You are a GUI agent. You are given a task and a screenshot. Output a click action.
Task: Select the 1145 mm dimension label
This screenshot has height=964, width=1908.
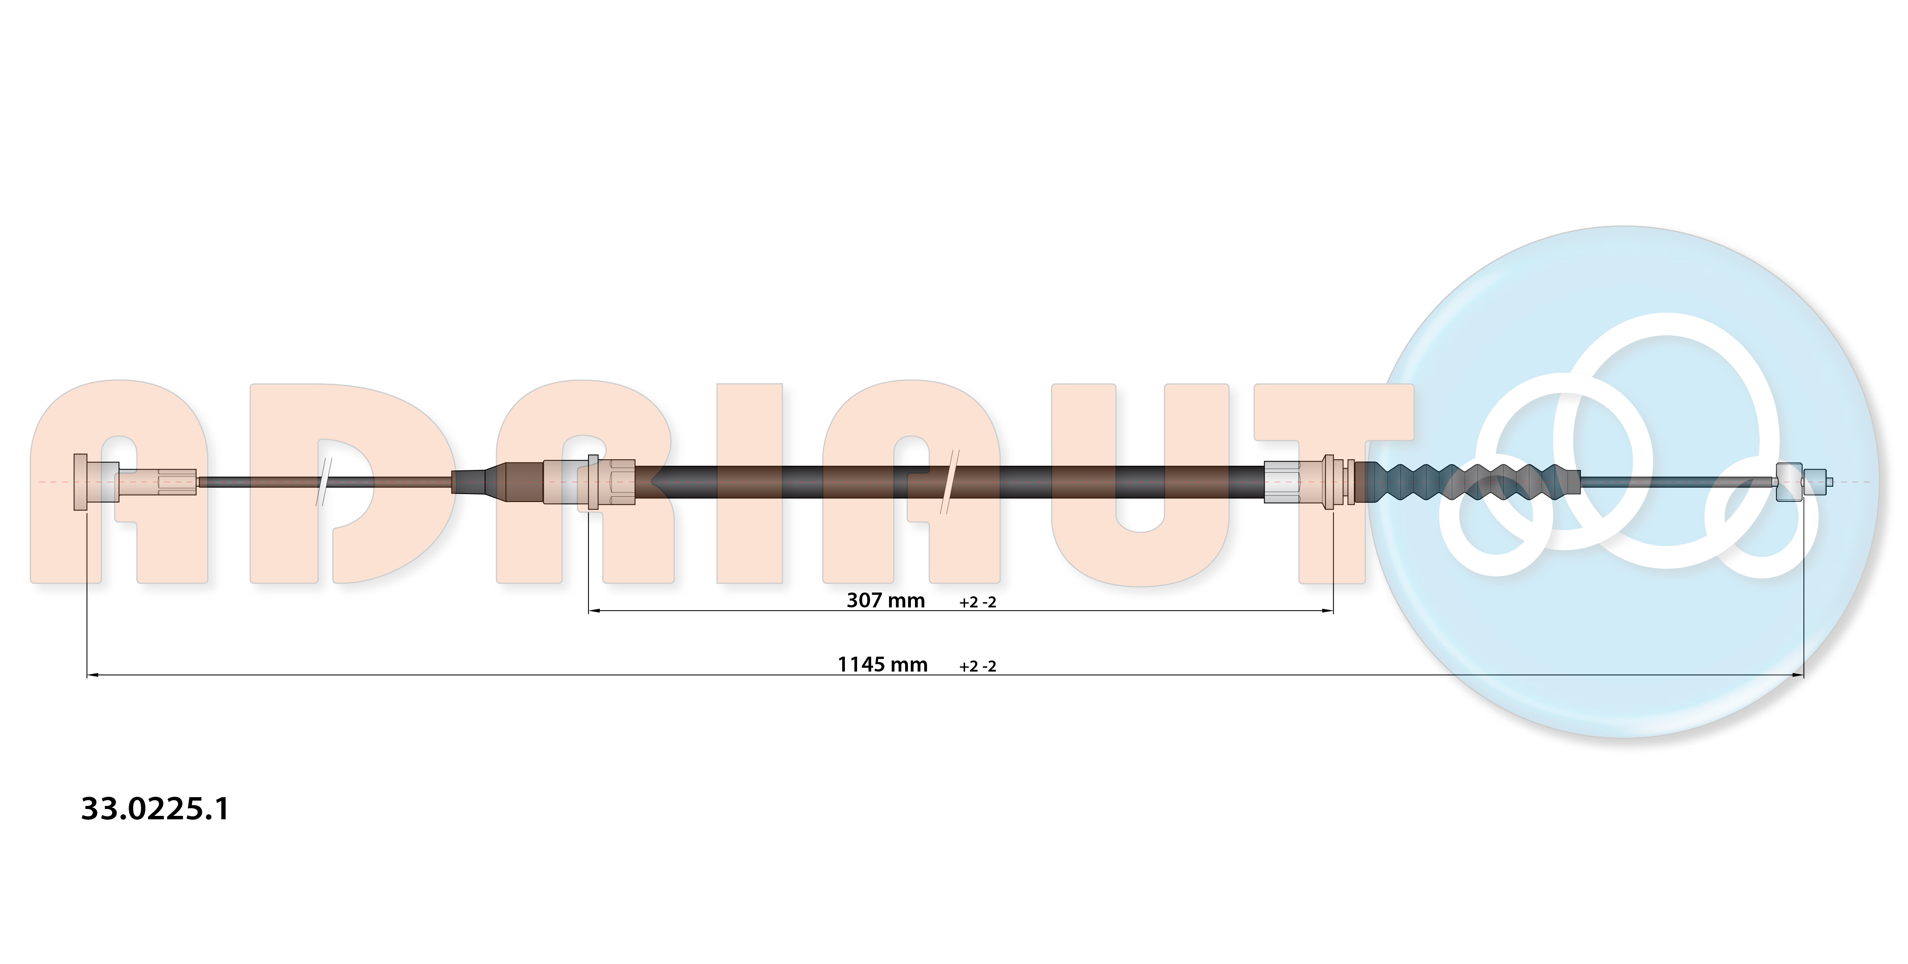(882, 665)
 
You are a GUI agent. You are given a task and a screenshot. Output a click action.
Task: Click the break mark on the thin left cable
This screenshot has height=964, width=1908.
(324, 482)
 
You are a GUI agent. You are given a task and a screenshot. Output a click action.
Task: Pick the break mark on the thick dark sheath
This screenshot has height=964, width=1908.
(949, 482)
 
